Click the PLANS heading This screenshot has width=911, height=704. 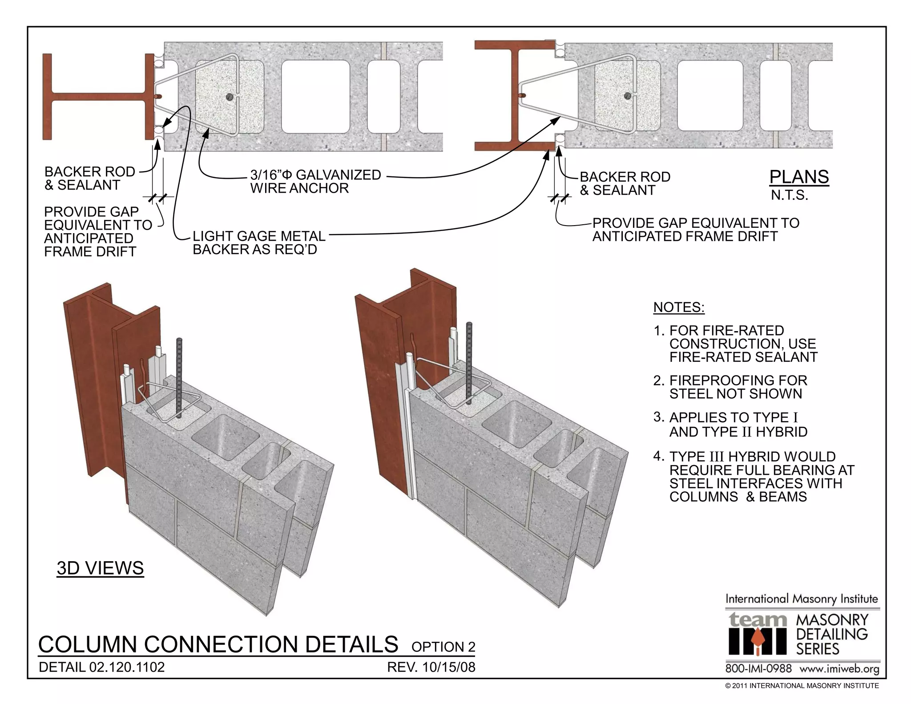[x=799, y=177]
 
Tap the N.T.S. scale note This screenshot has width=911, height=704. [x=789, y=195]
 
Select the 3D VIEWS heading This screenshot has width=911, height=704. [x=100, y=568]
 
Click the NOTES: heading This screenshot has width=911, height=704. [x=678, y=307]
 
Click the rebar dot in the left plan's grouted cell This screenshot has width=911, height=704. [x=230, y=97]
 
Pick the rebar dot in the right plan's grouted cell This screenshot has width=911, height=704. [x=627, y=96]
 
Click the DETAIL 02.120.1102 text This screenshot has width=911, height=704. [x=101, y=667]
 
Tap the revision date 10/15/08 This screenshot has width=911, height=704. [x=448, y=667]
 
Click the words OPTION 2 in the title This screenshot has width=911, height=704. [x=443, y=647]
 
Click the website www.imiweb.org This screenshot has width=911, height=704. [x=839, y=668]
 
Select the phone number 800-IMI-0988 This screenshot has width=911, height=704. [x=758, y=668]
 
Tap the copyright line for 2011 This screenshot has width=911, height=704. [x=802, y=686]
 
